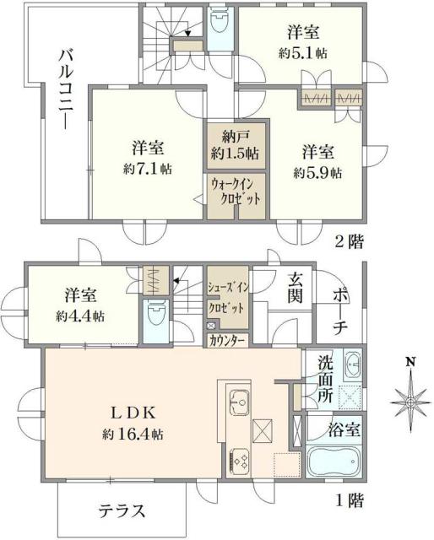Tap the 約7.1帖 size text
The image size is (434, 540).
(x=147, y=169)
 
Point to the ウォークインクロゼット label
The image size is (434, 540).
(x=236, y=191)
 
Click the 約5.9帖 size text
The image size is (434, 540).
(x=317, y=172)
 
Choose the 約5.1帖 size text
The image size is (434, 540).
(x=304, y=53)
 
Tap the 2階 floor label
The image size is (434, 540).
(x=349, y=242)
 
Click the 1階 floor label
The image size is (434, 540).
(x=349, y=501)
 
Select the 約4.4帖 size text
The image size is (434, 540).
(x=82, y=316)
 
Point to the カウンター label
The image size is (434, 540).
(x=226, y=340)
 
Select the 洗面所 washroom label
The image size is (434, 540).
(x=326, y=381)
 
